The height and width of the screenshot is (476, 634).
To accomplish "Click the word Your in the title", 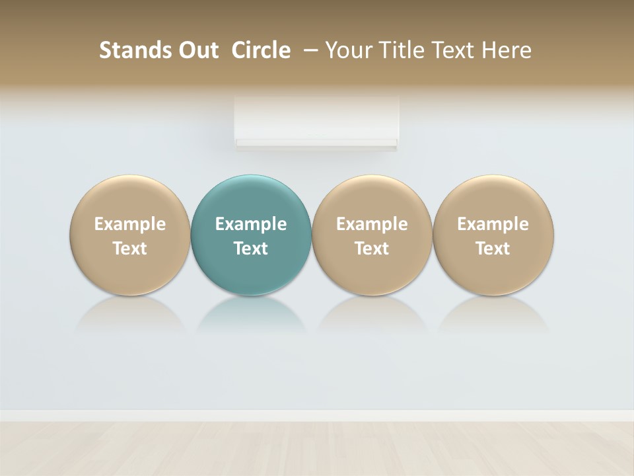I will tap(347, 50).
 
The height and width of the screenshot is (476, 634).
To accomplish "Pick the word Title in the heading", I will tap(398, 50).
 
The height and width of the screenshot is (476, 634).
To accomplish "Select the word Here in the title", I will tap(507, 50).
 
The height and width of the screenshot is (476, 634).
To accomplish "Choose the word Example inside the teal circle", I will tap(251, 224).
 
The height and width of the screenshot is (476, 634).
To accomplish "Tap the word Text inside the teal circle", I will tap(251, 249).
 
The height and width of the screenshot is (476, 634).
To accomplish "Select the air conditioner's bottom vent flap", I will tap(316, 143).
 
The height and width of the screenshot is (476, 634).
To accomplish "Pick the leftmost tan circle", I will tap(130, 198).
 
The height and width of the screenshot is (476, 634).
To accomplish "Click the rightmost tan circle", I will tap(493, 198).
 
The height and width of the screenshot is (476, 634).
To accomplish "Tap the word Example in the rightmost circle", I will tap(493, 224).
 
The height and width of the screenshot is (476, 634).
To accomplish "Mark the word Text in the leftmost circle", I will tap(130, 249).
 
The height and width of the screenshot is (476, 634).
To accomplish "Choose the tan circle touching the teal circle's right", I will tap(372, 198).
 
